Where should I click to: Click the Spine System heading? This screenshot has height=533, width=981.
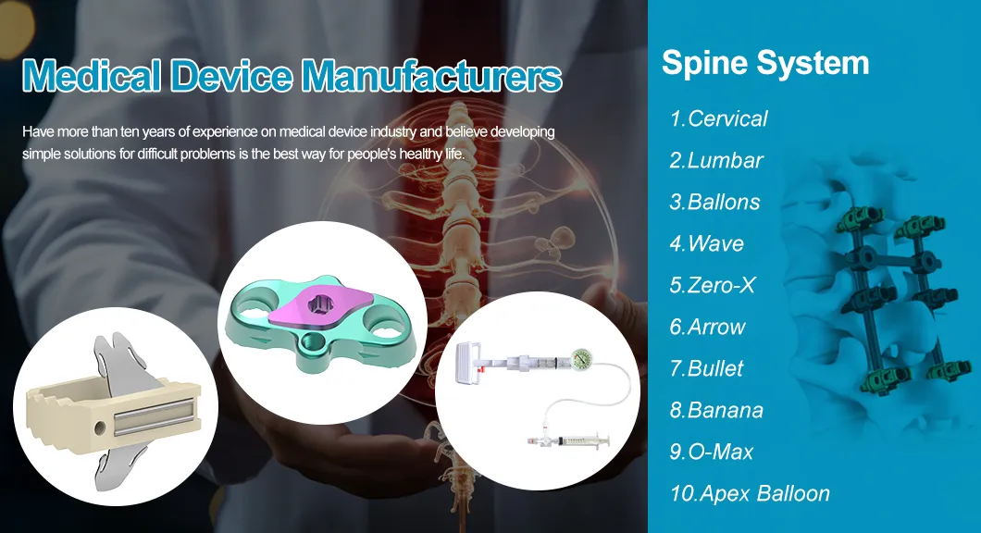(x=765, y=63)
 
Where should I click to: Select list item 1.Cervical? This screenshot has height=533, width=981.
(x=718, y=118)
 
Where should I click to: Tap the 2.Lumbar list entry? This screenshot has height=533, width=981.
(x=716, y=160)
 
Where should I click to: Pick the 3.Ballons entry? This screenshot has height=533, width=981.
(x=714, y=202)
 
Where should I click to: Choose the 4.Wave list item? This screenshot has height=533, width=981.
(x=706, y=243)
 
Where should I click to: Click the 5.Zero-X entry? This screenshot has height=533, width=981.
(x=712, y=285)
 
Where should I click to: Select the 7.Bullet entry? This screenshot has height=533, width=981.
(x=706, y=368)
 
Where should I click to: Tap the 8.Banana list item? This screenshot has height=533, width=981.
(x=716, y=410)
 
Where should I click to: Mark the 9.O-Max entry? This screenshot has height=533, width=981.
(x=711, y=452)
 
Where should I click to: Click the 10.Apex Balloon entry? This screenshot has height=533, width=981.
(x=750, y=493)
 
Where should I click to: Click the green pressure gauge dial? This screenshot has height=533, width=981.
(x=582, y=359)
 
